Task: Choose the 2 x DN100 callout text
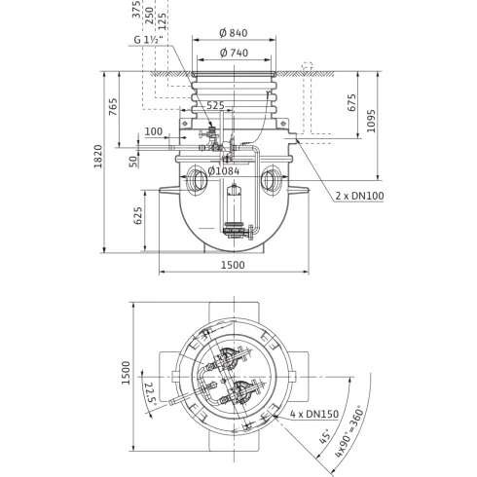[361, 196]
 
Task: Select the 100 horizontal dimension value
[153, 130]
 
